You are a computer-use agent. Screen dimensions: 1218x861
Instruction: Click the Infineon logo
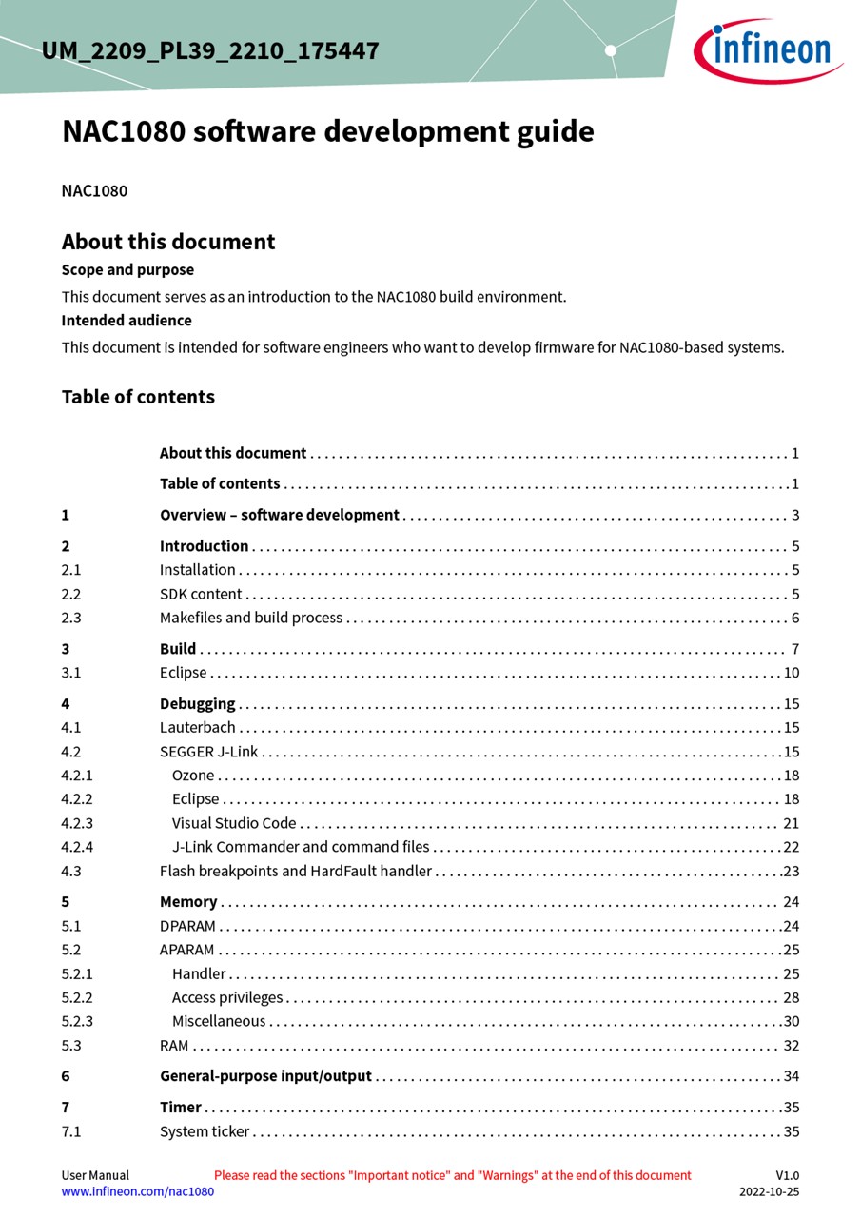tap(767, 49)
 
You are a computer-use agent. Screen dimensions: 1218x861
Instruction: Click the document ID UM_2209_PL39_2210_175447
tap(210, 50)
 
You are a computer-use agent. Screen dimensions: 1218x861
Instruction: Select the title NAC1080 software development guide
tap(327, 131)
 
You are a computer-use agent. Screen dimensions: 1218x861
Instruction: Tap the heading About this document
tap(168, 242)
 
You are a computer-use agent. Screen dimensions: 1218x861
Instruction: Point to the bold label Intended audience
tap(127, 321)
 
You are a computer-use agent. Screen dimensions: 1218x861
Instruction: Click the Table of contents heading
tap(138, 397)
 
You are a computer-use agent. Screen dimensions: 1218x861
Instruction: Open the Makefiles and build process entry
tap(251, 618)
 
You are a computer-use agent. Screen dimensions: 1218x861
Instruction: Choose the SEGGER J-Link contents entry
tap(208, 752)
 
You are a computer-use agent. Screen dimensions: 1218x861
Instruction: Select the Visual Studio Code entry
tap(234, 823)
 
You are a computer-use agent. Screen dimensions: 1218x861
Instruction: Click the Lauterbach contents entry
tap(197, 728)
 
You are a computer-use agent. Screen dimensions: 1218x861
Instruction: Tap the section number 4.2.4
tap(77, 847)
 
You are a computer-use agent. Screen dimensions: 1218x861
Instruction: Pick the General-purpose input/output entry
tap(265, 1076)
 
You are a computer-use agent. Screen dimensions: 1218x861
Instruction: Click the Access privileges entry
tap(227, 997)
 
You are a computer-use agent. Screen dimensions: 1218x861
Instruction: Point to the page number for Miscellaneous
tap(791, 1021)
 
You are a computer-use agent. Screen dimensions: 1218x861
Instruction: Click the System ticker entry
tap(205, 1131)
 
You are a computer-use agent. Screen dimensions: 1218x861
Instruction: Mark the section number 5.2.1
tap(77, 973)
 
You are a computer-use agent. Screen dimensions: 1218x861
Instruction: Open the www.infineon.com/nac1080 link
tap(138, 1191)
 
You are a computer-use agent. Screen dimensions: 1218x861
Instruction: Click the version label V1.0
tap(787, 1175)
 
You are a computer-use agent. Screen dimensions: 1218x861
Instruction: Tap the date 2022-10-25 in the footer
tap(769, 1191)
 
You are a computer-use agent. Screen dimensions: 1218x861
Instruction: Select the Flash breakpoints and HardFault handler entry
tap(296, 871)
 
